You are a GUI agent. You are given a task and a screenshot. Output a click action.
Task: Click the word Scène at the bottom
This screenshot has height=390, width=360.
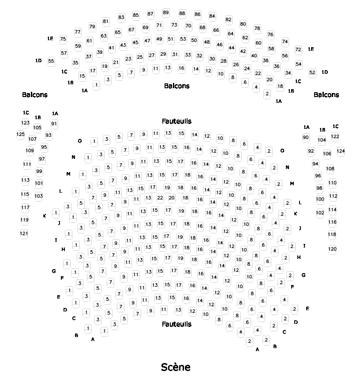click(x=176, y=367)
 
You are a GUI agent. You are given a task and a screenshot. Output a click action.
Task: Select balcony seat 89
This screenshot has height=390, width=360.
click(x=166, y=12)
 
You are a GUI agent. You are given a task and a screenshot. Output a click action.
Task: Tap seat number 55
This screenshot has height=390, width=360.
click(x=51, y=61)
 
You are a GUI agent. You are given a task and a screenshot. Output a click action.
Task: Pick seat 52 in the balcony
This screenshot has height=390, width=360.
click(x=312, y=72)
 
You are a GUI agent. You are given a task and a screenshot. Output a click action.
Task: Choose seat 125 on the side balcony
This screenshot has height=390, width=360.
click(x=21, y=134)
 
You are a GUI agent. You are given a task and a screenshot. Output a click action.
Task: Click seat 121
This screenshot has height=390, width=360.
click(x=24, y=233)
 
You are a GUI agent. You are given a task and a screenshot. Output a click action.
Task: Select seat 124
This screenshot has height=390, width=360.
click(x=341, y=151)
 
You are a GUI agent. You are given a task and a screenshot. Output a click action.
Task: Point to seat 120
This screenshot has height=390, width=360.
click(x=332, y=249)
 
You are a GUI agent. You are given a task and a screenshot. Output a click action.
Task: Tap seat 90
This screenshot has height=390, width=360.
click(x=306, y=138)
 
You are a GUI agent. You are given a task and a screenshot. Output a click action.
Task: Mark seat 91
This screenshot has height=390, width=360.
click(x=54, y=124)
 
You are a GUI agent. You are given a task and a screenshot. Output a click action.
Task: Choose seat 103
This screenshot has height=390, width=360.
click(x=39, y=196)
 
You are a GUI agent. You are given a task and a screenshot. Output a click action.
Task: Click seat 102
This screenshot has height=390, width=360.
click(x=320, y=213)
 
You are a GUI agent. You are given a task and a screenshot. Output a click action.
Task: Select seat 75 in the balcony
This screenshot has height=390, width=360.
click(x=63, y=39)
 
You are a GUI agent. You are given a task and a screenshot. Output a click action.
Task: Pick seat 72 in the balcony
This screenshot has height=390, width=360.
click(x=298, y=49)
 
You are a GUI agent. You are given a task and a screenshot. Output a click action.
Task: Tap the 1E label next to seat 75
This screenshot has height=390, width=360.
click(x=50, y=39)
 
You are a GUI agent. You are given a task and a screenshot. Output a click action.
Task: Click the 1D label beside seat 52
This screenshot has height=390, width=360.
click(x=325, y=72)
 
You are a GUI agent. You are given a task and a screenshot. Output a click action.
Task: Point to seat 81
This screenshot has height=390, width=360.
click(x=105, y=21)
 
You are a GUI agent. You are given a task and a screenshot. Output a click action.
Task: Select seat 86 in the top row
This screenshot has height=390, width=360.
click(x=198, y=14)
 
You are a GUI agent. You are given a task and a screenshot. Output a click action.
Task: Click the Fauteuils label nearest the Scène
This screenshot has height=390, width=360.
click(x=176, y=324)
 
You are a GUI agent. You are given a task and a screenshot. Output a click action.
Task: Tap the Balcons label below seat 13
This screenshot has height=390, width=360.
click(x=176, y=86)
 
